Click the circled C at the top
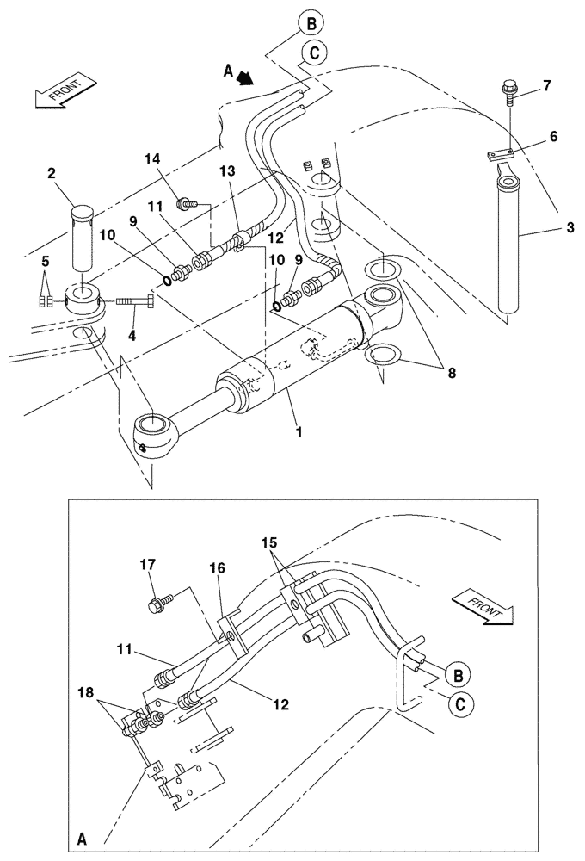(313, 53)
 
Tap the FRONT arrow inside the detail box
(481, 599)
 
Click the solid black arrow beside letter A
(248, 77)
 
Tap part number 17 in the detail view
(147, 566)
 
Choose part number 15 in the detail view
(270, 543)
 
